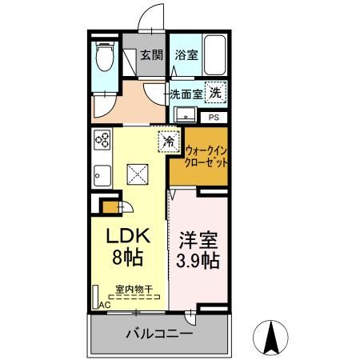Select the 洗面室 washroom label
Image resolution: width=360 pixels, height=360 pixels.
point(185,94)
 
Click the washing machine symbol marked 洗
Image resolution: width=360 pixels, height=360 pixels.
point(214,92)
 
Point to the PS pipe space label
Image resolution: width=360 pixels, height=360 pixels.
point(213,117)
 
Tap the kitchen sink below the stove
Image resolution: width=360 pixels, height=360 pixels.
point(102,173)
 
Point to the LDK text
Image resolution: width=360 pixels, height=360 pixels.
point(126,238)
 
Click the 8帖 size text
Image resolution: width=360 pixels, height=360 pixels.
point(126,258)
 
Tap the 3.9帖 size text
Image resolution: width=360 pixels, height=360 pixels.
point(197,261)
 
